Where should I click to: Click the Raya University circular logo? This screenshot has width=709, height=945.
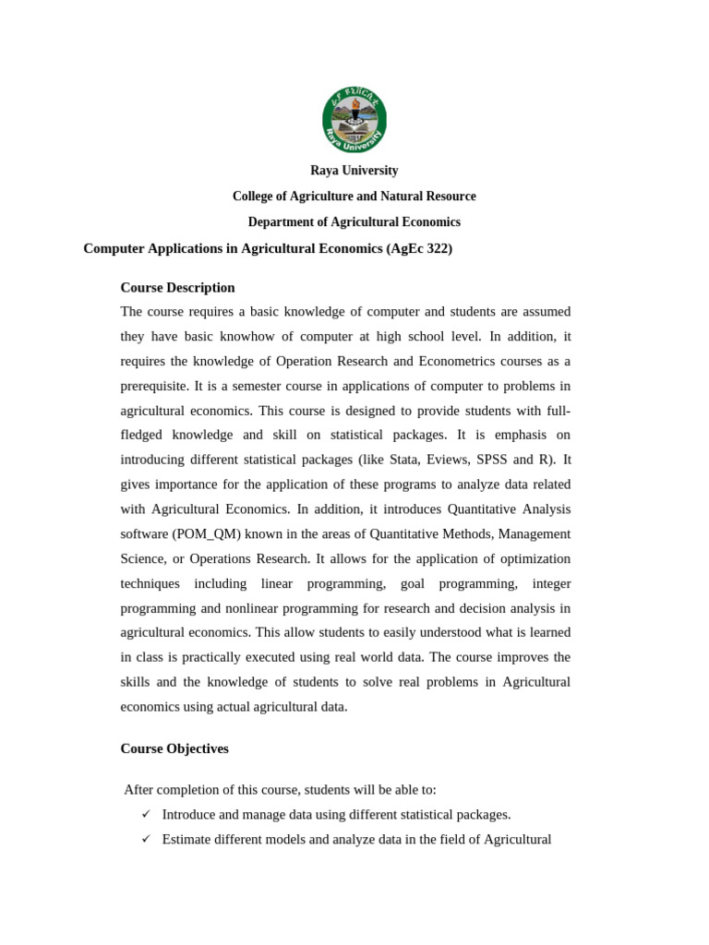pos(354,120)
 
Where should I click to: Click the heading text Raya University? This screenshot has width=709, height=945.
pos(354,171)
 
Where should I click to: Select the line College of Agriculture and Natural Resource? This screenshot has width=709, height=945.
pos(354,197)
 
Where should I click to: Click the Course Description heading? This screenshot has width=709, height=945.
pos(177,288)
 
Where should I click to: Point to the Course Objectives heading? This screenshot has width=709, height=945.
pos(174,748)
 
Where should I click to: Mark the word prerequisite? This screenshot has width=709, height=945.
pos(154,386)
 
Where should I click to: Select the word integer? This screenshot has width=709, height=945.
pos(551,583)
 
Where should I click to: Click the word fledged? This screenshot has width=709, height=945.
pos(143,435)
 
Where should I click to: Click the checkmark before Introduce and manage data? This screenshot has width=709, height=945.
pos(146,814)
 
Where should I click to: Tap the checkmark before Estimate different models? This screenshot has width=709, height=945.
pos(146,839)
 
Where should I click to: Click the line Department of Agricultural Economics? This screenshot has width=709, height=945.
pos(354,222)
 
